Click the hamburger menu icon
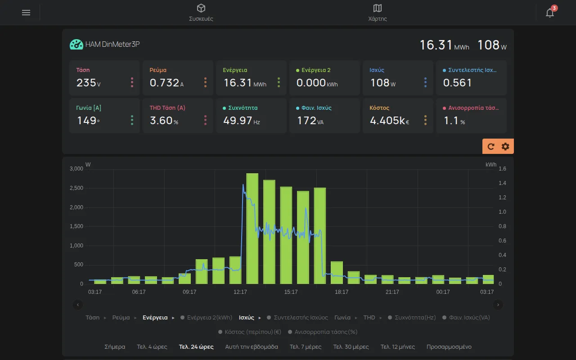(x=26, y=12)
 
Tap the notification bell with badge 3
(x=550, y=12)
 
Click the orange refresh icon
(x=491, y=147)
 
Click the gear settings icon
(x=505, y=147)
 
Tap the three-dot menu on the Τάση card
(x=132, y=82)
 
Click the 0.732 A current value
(x=166, y=83)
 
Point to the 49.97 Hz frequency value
(x=242, y=121)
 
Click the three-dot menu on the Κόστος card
(x=425, y=120)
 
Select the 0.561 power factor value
(x=457, y=83)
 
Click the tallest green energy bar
(x=252, y=228)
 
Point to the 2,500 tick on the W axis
(x=76, y=188)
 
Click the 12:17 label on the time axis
(x=240, y=292)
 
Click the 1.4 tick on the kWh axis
(x=502, y=183)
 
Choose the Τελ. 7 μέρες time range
(x=306, y=346)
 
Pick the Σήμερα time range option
(x=115, y=346)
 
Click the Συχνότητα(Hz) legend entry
(x=412, y=318)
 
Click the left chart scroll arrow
(x=78, y=305)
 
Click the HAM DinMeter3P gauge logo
(x=76, y=44)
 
